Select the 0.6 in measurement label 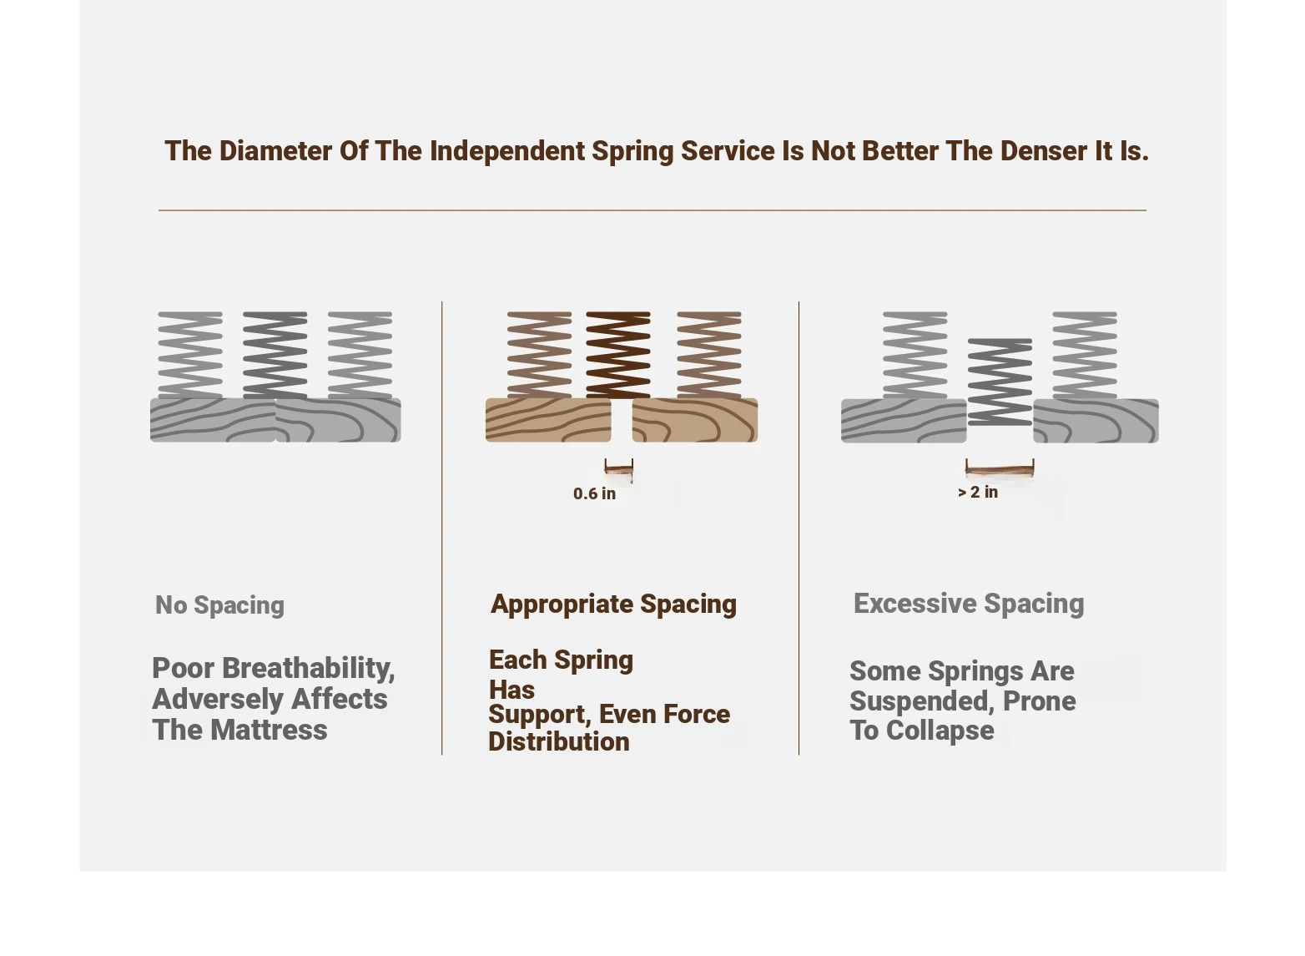[x=594, y=493]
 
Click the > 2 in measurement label [x=978, y=492]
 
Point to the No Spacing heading [x=219, y=605]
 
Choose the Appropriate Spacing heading [x=613, y=604]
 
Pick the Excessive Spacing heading [x=968, y=604]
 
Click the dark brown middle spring [x=618, y=355]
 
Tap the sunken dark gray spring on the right [x=1000, y=382]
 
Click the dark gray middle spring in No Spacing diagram [x=275, y=355]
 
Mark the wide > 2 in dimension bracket [x=1000, y=468]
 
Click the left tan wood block [x=548, y=420]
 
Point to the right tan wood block [x=695, y=420]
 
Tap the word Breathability [x=309, y=669]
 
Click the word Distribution [x=559, y=742]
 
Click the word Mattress [x=269, y=730]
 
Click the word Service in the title [x=728, y=151]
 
